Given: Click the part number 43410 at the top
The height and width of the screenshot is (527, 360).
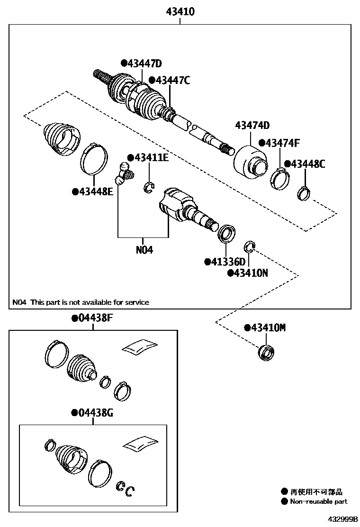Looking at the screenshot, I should click(x=180, y=12).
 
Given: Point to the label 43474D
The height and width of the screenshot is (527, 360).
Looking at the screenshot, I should click(x=252, y=125).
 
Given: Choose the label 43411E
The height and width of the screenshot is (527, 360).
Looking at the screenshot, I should click(x=147, y=158).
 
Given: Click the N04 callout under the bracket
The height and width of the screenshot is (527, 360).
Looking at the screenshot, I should click(x=144, y=249).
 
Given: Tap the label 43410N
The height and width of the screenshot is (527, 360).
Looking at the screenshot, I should click(x=248, y=273).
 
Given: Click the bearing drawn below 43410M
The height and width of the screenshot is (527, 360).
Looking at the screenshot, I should click(x=266, y=353).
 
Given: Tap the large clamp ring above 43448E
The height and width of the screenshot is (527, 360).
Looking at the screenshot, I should click(x=95, y=158).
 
